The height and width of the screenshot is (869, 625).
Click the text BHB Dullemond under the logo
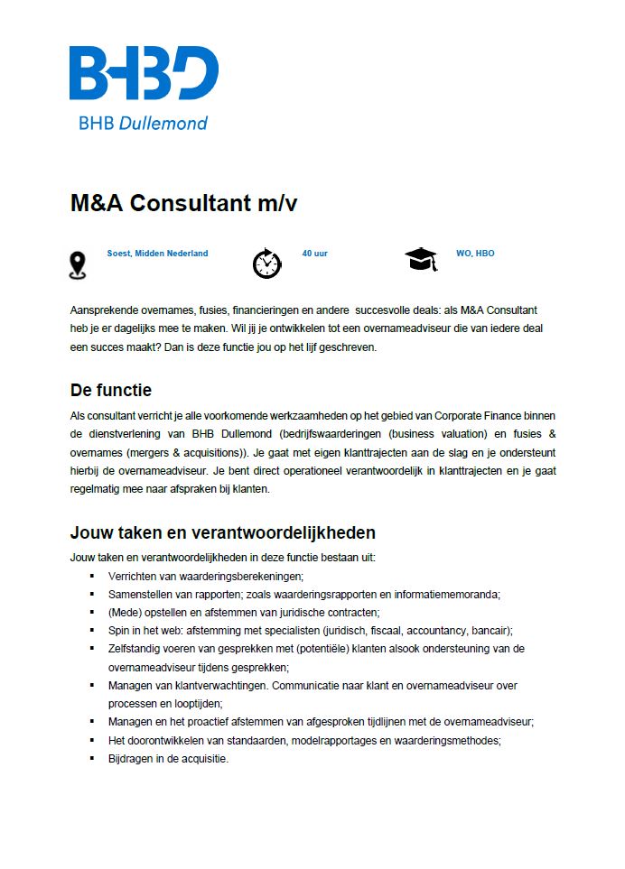[143, 123]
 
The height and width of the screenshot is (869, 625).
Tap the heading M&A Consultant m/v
[183, 203]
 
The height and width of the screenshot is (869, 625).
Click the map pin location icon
[79, 265]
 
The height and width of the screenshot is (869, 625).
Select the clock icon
[266, 263]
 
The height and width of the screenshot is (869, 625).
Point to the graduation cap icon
[420, 260]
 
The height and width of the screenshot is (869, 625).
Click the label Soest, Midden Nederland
[157, 254]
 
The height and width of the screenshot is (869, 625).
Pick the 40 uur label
[314, 254]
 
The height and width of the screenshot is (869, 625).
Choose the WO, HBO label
[475, 254]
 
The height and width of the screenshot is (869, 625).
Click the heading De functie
[111, 391]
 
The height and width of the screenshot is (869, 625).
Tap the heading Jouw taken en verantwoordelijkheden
[222, 532]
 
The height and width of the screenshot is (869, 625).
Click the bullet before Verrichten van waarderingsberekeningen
[92, 576]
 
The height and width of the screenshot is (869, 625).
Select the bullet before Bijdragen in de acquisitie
[92, 758]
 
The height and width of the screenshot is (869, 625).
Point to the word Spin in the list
[117, 630]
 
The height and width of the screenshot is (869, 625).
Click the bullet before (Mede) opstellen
[92, 612]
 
